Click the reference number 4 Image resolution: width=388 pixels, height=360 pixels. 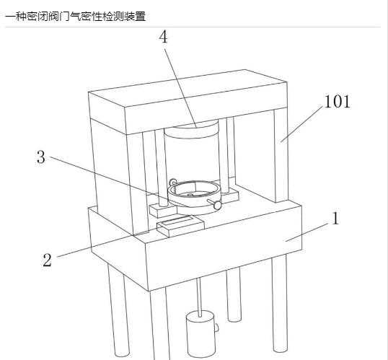[163, 37]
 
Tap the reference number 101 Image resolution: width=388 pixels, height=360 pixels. [337, 102]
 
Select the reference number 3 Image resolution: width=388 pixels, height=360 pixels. [41, 157]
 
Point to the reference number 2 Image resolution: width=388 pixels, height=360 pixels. [48, 260]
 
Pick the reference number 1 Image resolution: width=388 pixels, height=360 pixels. [335, 219]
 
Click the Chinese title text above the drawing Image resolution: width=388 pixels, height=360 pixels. [76, 17]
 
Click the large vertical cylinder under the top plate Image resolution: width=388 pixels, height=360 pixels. [192, 154]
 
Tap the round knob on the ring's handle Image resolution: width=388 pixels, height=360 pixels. [218, 205]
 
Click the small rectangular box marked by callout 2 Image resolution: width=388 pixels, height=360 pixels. [180, 226]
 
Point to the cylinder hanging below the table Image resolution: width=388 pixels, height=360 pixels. [200, 335]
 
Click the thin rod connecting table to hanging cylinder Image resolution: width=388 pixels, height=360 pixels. [199, 297]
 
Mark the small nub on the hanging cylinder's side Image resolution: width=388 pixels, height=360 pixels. [217, 328]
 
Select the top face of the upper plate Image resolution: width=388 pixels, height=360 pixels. [188, 88]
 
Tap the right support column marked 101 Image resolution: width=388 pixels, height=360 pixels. [281, 156]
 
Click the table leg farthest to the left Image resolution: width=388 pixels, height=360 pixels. [118, 309]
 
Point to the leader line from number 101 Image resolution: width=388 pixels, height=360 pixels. [301, 124]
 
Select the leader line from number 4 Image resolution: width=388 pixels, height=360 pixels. [180, 89]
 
